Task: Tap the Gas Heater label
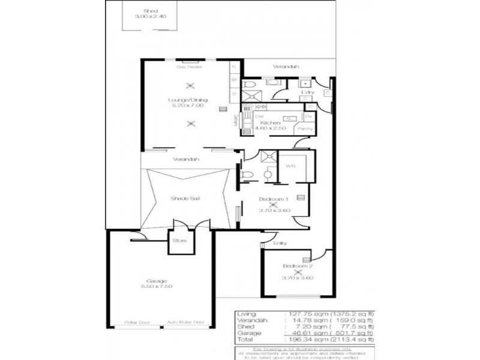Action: (188, 67)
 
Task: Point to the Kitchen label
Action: (271, 122)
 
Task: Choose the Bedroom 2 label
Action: (298, 265)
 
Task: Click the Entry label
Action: (280, 243)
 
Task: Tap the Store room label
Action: (179, 241)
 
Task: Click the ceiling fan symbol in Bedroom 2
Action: (298, 272)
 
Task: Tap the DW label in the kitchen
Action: (259, 116)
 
